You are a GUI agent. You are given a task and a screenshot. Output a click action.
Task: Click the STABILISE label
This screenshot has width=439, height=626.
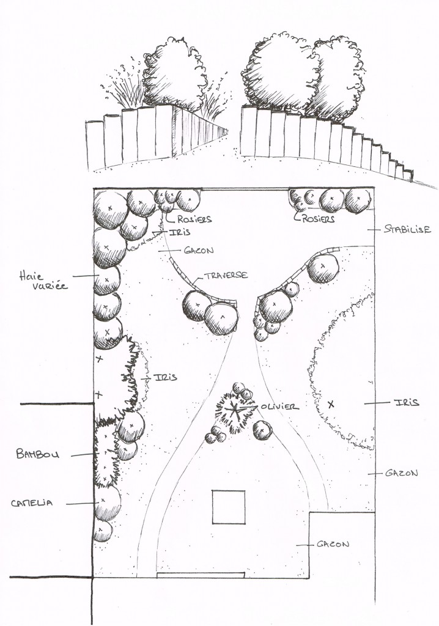point(408,230)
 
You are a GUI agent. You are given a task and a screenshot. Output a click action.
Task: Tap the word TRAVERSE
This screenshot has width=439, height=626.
point(226,276)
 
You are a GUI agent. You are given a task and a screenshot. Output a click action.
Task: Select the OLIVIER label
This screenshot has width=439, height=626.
point(279,406)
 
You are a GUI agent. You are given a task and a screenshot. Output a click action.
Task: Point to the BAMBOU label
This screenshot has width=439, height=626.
point(38,454)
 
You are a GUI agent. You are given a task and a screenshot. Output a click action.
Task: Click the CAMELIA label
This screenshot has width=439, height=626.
point(32,503)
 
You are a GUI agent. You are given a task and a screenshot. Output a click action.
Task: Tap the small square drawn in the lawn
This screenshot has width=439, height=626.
point(229,507)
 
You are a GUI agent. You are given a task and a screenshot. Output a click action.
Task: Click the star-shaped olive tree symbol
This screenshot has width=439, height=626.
point(233,411)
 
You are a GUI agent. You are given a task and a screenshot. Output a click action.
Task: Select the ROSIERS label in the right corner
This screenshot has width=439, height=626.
point(319,218)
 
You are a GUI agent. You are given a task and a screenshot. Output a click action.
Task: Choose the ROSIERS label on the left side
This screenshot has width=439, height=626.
point(194,219)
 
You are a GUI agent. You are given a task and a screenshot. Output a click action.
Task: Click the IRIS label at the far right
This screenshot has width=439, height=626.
point(406,402)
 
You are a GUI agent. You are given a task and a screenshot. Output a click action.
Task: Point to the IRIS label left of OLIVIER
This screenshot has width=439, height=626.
point(166,378)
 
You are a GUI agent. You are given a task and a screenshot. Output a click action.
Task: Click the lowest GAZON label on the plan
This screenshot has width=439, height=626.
point(333,543)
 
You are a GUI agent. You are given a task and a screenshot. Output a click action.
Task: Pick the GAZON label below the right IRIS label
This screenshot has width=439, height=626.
point(402,473)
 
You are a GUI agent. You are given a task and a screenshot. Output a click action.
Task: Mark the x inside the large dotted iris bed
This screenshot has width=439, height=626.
point(331,404)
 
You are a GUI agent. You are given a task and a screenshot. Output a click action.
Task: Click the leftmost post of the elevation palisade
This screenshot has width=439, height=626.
point(94,145)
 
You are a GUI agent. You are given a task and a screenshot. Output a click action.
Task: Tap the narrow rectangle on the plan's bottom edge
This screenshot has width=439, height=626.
point(201,575)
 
